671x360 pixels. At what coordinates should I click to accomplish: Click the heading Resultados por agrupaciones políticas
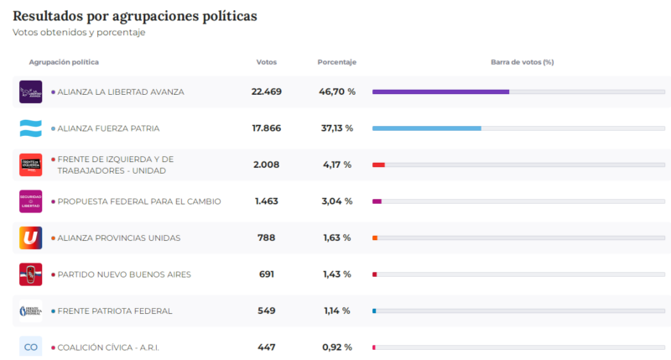tap(135, 16)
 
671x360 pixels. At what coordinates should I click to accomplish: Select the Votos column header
tap(266, 62)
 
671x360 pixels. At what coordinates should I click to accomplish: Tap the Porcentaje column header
tap(337, 62)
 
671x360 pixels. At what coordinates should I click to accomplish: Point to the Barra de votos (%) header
tap(522, 62)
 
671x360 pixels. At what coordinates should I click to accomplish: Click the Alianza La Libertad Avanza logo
tap(30, 91)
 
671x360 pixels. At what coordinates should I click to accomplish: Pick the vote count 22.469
tap(267, 91)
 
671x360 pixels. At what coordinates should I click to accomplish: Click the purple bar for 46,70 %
tap(440, 91)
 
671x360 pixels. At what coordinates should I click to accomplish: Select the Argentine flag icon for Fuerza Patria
tap(30, 128)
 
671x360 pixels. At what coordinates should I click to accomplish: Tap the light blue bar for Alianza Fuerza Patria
tap(426, 128)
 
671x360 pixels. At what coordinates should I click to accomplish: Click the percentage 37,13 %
tap(337, 128)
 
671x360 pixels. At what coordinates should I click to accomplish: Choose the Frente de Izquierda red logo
tap(30, 164)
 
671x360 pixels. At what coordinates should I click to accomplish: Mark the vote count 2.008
tap(267, 164)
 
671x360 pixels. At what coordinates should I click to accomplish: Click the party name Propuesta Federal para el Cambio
tap(139, 201)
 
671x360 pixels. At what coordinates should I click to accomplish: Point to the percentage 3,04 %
tap(337, 201)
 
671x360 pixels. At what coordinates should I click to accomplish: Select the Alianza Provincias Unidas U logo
tap(30, 237)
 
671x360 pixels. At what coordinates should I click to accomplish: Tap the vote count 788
tap(267, 237)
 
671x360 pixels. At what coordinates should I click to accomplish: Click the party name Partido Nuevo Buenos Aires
tap(124, 274)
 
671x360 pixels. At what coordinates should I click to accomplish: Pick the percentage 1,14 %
tap(337, 310)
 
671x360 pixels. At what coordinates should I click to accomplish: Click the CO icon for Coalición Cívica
tap(30, 347)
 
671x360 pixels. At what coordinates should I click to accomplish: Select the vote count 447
tap(267, 347)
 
